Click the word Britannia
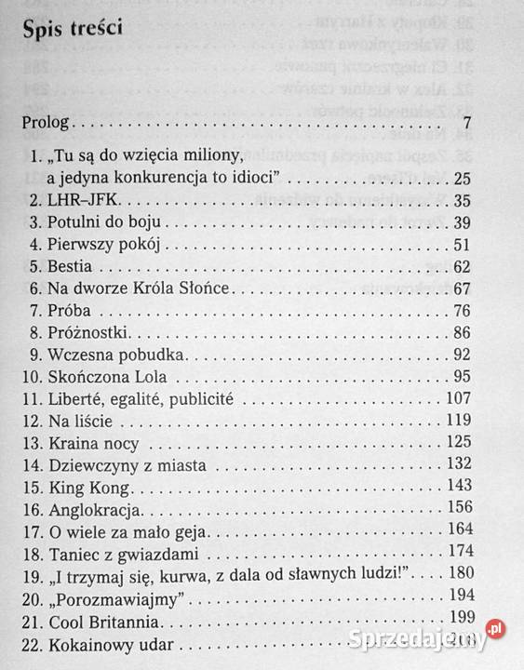[131, 621]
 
